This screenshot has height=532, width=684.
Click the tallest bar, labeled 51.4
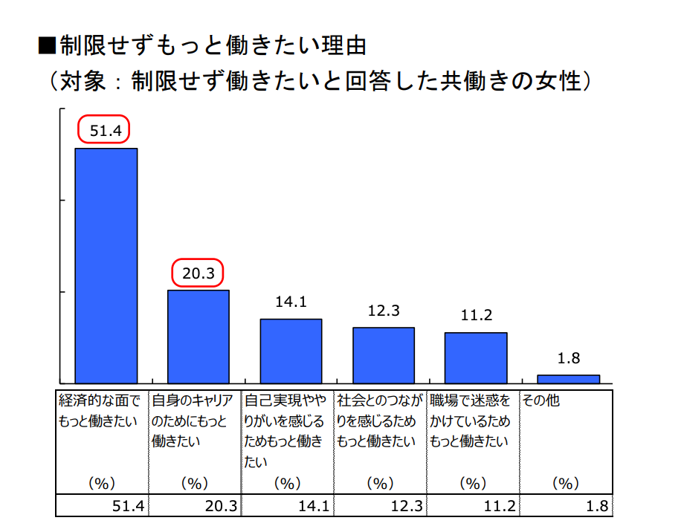(x=106, y=265)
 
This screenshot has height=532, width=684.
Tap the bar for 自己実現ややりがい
(x=291, y=350)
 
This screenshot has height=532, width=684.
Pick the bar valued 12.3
(x=383, y=354)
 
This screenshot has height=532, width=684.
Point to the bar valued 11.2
(x=476, y=357)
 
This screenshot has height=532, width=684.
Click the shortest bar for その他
(x=568, y=378)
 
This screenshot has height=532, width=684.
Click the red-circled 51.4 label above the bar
(x=104, y=131)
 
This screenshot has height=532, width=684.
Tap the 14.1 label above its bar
(x=291, y=302)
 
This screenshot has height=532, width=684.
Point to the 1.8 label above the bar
(x=569, y=358)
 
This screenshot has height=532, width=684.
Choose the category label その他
(x=541, y=401)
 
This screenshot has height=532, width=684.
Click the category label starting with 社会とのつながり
(x=379, y=421)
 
